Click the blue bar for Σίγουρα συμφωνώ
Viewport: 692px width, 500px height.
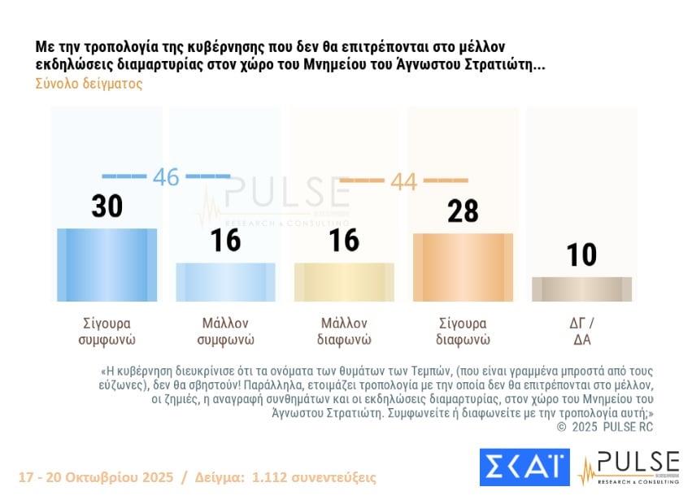[107, 265]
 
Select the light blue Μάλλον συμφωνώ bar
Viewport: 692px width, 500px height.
[225, 282]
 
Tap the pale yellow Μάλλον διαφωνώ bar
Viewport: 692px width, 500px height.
[344, 282]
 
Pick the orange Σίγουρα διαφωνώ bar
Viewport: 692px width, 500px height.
[463, 267]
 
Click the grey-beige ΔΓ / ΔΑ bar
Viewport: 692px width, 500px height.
[581, 289]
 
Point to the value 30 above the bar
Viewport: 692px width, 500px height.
[107, 207]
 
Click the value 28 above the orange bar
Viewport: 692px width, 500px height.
[463, 211]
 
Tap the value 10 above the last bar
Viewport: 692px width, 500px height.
[581, 255]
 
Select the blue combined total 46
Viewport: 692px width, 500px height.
[166, 176]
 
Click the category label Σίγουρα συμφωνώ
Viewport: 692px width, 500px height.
[107, 330]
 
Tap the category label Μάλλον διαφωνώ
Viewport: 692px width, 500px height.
[345, 330]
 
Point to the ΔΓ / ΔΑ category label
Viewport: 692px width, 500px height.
[581, 330]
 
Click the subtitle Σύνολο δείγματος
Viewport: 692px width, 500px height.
[89, 84]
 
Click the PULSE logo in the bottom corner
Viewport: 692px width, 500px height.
[628, 467]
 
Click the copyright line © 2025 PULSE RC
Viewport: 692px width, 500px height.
[606, 426]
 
